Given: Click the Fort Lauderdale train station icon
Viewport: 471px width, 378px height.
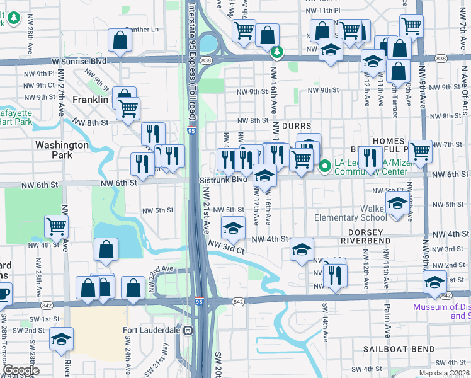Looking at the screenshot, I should pyautogui.click(x=187, y=330).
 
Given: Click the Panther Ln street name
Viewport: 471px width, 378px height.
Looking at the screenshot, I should pyautogui.click(x=142, y=29).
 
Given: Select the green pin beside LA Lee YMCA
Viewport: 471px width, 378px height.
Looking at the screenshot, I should pyautogui.click(x=325, y=166).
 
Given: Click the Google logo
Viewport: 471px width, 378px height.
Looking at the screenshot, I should pyautogui.click(x=21, y=370).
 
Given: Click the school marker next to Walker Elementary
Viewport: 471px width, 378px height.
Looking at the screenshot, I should pyautogui.click(x=397, y=204).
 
